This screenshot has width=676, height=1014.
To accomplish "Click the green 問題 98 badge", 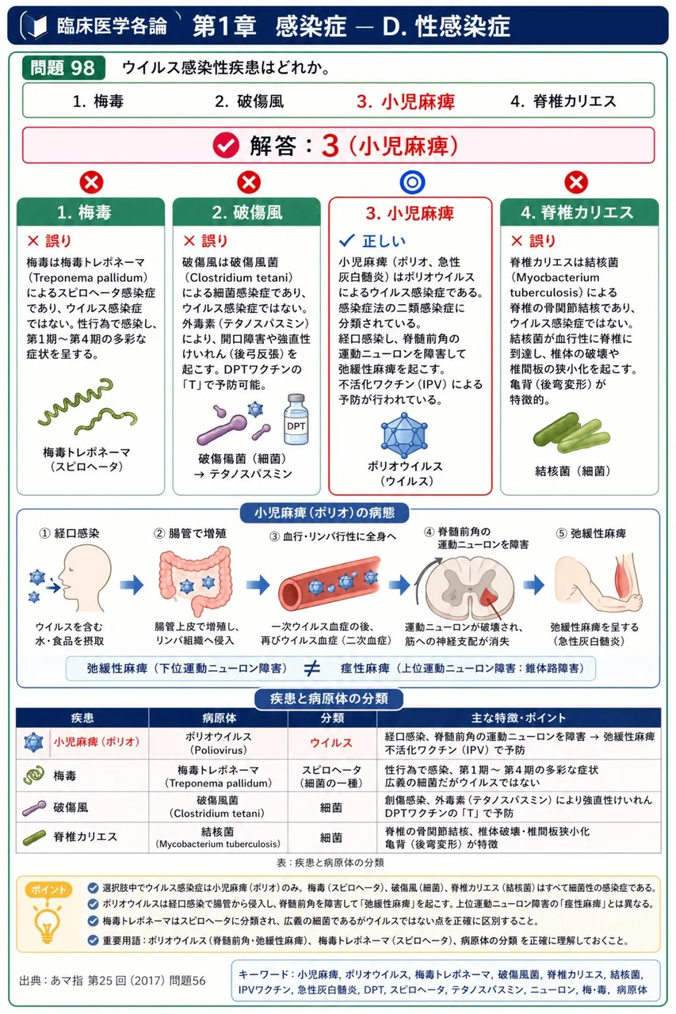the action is coord(64,68).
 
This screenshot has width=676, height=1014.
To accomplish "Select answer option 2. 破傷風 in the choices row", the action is coord(249,101).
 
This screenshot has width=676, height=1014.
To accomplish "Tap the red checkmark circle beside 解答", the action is coord(226,146).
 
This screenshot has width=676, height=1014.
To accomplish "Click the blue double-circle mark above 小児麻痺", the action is coord(412,182).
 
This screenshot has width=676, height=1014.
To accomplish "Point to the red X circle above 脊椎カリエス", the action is coord(576,182).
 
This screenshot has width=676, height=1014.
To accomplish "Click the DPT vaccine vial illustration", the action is coord(296,419).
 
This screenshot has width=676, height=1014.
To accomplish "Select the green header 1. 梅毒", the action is coord(90,212).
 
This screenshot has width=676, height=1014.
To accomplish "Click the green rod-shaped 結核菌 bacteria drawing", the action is coord(571,433).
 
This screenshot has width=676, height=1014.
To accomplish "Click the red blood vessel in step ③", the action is coord(330,584).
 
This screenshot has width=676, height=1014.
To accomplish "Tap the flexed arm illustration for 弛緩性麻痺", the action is coord(599,584).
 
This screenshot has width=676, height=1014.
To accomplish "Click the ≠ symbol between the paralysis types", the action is coord(312,668).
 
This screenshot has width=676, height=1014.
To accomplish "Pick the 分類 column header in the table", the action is coord(332,718).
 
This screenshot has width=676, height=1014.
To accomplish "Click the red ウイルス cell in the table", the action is coord(331,743).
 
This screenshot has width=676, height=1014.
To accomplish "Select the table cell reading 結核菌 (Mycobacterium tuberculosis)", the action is coord(218,837).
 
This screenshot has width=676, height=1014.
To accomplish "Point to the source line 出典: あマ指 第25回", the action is coord(113,981).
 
